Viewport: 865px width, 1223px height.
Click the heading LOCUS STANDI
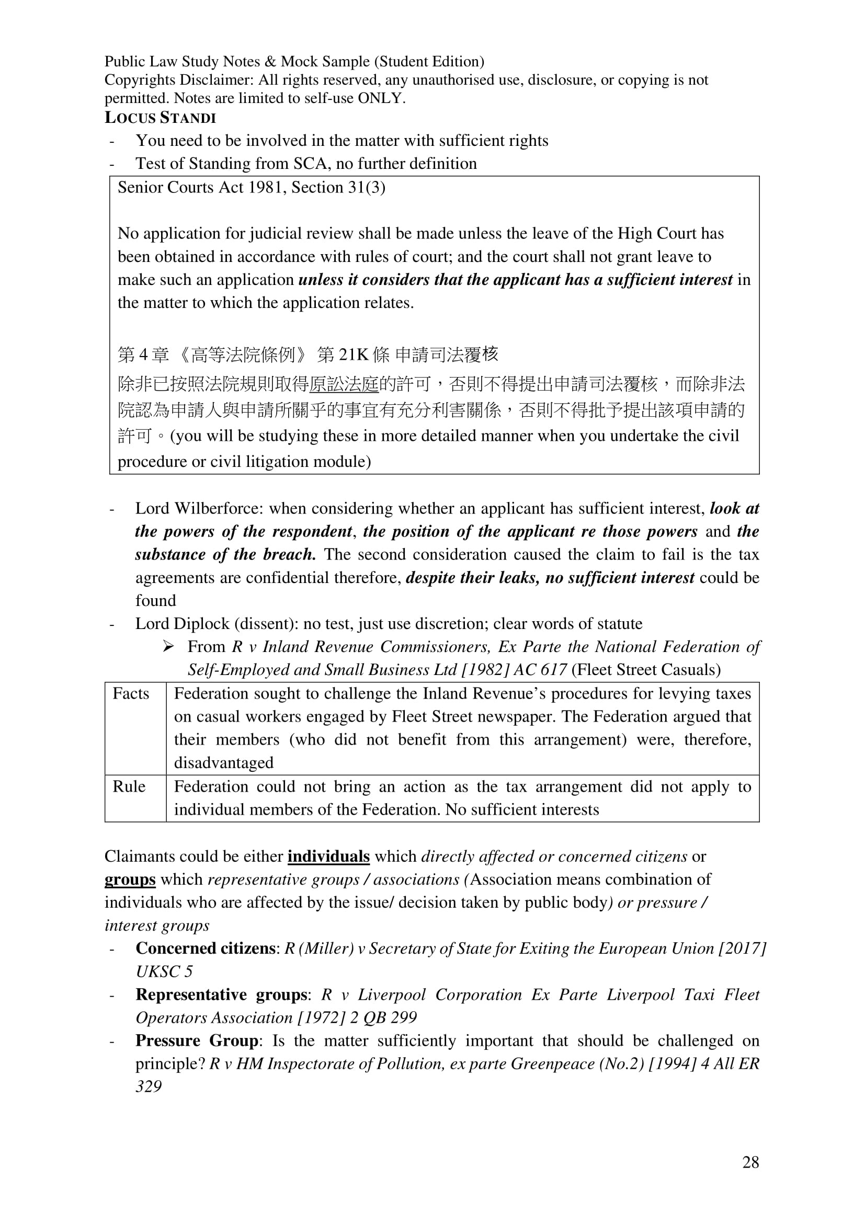pos(160,118)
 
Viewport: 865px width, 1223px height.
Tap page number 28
pos(750,1162)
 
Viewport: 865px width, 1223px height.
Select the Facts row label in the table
pos(131,693)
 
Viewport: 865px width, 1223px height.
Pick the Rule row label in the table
pos(128,786)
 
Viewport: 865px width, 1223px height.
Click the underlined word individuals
pos(328,856)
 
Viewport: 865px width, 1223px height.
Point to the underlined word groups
pos(130,879)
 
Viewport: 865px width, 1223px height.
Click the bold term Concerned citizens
pos(205,948)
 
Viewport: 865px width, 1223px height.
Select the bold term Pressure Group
pos(197,1041)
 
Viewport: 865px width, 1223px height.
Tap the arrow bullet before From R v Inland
pos(168,647)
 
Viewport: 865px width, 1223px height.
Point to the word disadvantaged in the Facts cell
pos(224,763)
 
